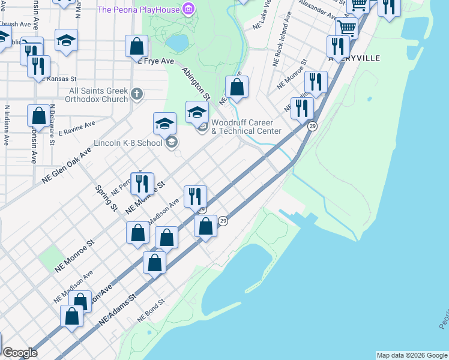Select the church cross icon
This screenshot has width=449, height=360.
point(137,94)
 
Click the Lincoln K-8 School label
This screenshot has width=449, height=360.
point(128,143)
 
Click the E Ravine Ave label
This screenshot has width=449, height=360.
point(77,128)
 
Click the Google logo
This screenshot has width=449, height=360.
point(20,353)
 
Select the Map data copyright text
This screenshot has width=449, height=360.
point(412,355)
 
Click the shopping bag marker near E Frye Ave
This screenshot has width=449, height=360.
point(137,47)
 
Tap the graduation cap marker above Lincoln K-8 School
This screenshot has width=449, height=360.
point(164,124)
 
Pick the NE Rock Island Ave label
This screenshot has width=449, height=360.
point(283,38)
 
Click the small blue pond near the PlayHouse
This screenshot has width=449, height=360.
point(178,43)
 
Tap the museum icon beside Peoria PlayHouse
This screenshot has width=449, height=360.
point(189,10)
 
